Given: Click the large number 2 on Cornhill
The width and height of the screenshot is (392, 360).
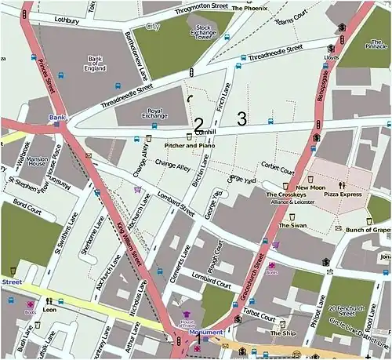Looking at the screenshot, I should point(198,124).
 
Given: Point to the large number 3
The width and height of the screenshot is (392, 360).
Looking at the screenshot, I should point(241,118).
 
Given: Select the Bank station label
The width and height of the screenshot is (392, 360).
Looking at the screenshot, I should point(56,118).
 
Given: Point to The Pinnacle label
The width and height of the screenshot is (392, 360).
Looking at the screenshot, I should point(376,45).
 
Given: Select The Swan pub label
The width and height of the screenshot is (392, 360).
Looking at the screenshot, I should point(293,225).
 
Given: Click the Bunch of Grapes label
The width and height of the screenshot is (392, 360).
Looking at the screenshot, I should point(368,229).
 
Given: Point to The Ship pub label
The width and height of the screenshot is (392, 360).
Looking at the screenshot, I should point(282,333).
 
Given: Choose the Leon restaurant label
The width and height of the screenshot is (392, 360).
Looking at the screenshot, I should point(50,310).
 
